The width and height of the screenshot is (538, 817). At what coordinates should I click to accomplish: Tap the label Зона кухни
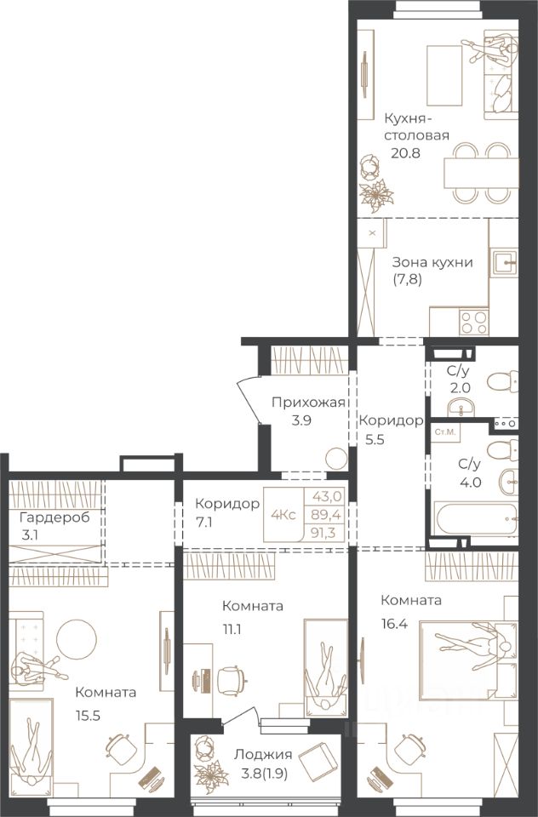(432, 262)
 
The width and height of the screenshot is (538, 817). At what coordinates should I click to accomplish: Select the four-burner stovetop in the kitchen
(474, 322)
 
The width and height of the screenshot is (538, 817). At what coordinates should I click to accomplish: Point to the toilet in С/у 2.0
(502, 383)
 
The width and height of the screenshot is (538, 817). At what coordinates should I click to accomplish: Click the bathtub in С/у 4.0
(476, 518)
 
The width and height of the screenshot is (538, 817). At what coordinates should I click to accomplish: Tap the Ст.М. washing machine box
(444, 432)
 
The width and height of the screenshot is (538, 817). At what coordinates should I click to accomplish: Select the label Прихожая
(308, 403)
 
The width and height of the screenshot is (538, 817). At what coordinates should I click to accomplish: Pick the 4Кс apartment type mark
(283, 515)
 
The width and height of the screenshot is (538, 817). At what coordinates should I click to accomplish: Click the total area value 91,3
(326, 533)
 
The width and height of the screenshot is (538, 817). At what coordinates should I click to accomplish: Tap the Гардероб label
(54, 518)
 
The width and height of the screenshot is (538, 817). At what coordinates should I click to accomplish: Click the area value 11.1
(232, 630)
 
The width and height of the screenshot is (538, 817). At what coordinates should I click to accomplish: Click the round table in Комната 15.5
(76, 639)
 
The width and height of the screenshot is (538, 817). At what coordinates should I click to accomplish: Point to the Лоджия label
(263, 755)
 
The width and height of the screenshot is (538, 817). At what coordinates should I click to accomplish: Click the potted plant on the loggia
(210, 771)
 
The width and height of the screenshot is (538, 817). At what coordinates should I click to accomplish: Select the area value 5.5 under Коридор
(375, 439)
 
